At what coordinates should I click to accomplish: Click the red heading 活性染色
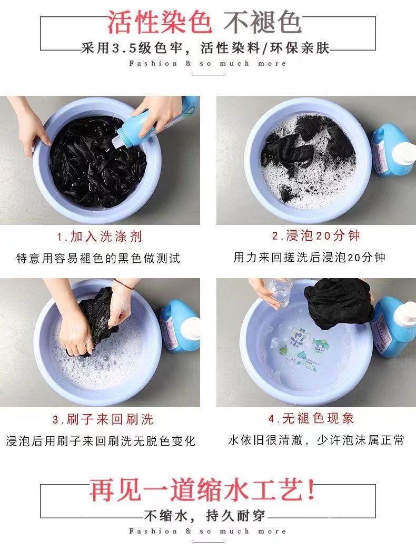pos(160,23)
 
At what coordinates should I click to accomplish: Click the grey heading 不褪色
pos(263,23)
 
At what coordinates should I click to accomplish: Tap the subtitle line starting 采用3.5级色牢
pos(205,48)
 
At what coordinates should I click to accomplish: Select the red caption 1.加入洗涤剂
pos(100,237)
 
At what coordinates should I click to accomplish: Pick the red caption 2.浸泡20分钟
pos(316,235)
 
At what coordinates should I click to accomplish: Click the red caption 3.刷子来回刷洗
pos(103,419)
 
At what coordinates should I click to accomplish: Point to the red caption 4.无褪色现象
pos(311,418)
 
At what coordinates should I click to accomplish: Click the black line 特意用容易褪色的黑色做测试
pos(98,258)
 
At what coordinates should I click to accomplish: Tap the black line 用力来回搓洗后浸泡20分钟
pos(309,257)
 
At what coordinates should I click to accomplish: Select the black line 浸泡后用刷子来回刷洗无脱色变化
pos(101,441)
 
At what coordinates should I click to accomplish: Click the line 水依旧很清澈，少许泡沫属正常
pos(316,440)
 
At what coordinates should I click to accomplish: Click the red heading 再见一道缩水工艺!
pos(202,490)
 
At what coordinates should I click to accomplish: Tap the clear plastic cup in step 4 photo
pos(279,292)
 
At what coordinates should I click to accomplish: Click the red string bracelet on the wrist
pos(124,283)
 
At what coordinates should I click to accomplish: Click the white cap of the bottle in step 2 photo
pos(404,153)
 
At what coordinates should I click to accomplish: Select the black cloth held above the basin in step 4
pos(338,303)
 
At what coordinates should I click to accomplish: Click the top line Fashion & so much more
pos(207,64)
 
